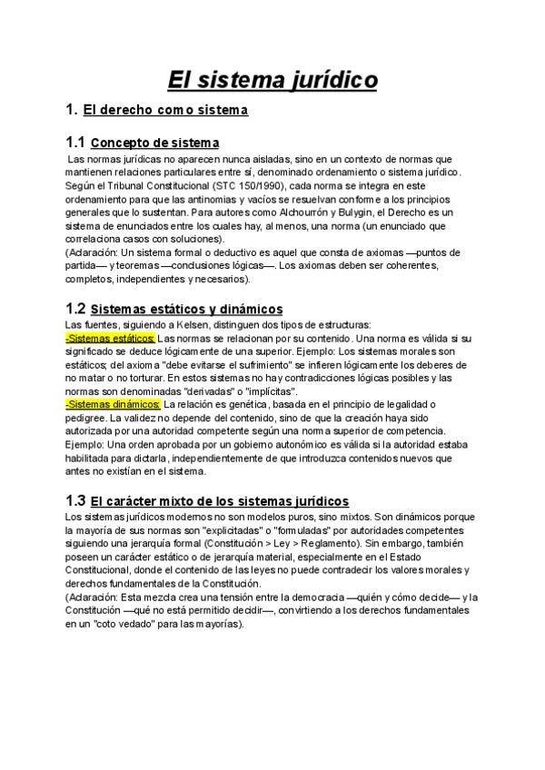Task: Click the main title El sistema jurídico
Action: click(272, 81)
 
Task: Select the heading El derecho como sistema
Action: click(165, 111)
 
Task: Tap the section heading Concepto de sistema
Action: click(155, 143)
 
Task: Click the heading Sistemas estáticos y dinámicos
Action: click(187, 309)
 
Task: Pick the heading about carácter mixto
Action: click(220, 500)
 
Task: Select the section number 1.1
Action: click(75, 143)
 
